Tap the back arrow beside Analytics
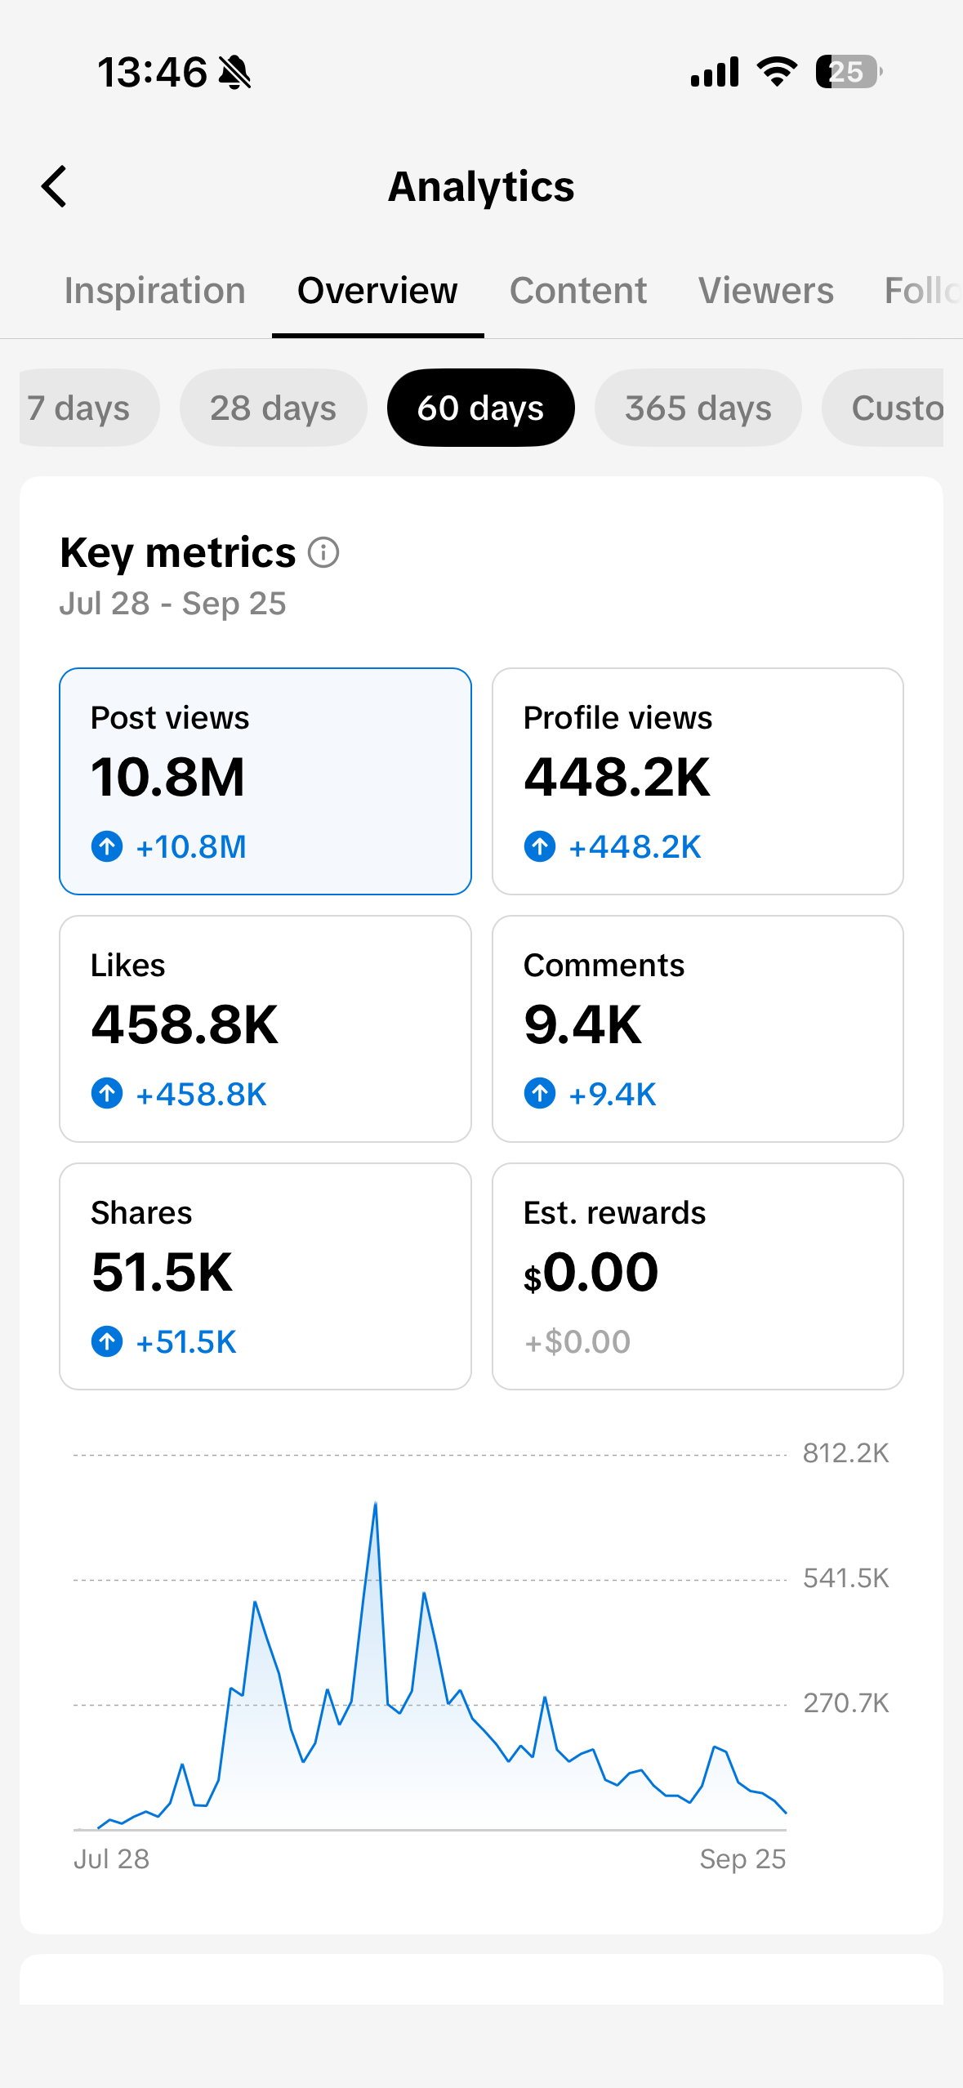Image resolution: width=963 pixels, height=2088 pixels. click(x=54, y=186)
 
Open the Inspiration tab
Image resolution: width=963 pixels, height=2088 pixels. click(x=155, y=291)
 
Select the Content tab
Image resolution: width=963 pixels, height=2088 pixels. click(x=578, y=291)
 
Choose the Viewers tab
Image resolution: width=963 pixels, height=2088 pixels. click(x=766, y=291)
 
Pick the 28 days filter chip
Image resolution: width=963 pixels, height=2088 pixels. click(x=274, y=408)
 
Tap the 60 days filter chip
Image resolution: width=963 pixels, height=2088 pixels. click(x=481, y=408)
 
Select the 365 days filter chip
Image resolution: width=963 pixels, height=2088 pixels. click(x=698, y=408)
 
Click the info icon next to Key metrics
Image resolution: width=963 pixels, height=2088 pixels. click(x=323, y=553)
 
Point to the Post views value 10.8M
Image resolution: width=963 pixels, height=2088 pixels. click(x=168, y=777)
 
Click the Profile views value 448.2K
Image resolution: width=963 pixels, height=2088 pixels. click(x=617, y=777)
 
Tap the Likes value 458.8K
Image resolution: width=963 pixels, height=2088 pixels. click(x=185, y=1024)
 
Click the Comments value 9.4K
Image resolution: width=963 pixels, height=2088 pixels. click(x=583, y=1024)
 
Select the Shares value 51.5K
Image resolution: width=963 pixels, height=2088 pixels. click(x=163, y=1272)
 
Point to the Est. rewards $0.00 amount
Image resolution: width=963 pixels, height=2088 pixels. click(x=591, y=1272)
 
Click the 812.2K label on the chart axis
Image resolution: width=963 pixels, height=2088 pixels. click(x=845, y=1453)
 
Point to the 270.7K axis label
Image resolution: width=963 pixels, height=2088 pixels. click(x=845, y=1703)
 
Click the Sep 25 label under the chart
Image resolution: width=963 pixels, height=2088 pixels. click(x=742, y=1859)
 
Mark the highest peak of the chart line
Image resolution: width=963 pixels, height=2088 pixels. click(x=376, y=1503)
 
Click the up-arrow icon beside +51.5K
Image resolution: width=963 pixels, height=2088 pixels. click(x=107, y=1341)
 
